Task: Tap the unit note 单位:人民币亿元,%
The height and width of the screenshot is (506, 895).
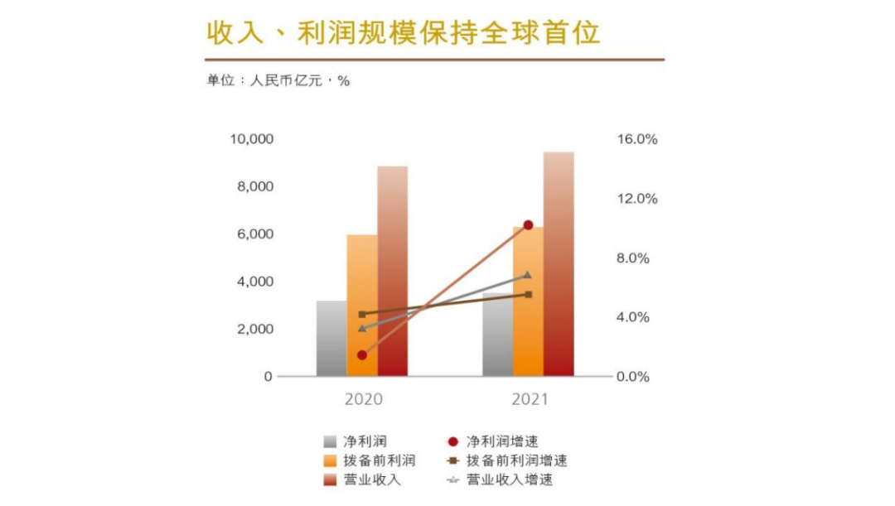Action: [278, 81]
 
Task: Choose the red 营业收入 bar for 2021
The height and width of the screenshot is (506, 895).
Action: [559, 265]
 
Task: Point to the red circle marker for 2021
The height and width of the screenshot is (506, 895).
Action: [528, 225]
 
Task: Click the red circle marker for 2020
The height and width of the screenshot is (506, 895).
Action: [362, 355]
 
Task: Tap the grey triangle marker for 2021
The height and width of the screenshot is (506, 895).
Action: [528, 275]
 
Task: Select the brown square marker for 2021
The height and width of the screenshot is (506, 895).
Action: [528, 295]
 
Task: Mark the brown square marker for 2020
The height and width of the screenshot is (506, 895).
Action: [362, 315]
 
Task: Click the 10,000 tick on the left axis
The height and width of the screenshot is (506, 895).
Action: [251, 139]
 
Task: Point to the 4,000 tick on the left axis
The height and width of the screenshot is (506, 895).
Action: [254, 282]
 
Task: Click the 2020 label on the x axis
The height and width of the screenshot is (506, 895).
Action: [363, 400]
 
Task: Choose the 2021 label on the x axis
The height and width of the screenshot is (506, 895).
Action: [530, 400]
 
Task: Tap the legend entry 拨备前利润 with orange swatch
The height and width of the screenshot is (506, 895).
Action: [379, 460]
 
